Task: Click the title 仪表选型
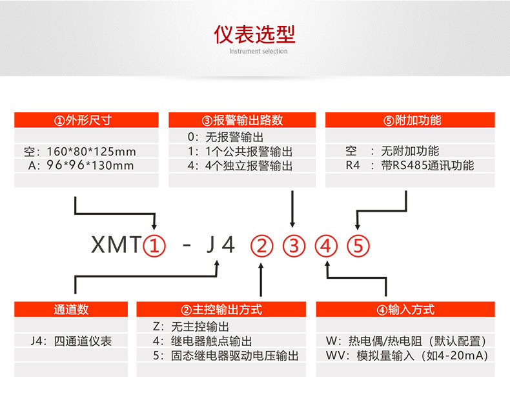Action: pos(254,34)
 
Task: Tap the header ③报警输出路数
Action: pos(242,120)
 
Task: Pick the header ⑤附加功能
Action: pos(410,120)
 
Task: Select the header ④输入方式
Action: pos(405,310)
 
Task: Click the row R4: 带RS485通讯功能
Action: pos(409,166)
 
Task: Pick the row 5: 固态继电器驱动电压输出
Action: pos(225,356)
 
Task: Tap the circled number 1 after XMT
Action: pos(154,245)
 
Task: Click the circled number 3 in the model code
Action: pos(294,246)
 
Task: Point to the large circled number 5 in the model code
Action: pos(358,246)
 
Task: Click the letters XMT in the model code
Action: pos(116,246)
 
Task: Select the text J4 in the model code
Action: pos(220,246)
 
